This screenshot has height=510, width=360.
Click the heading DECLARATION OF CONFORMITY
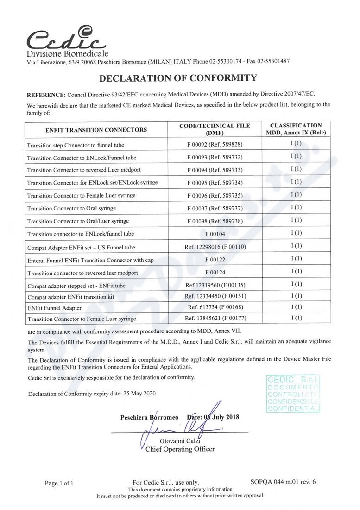(x=178, y=77)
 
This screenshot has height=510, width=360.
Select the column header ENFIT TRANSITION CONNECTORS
(x=96, y=130)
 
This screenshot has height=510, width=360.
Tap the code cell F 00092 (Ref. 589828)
(x=215, y=145)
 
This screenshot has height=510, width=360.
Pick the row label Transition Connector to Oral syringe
(x=71, y=208)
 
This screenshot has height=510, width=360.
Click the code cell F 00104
(x=215, y=234)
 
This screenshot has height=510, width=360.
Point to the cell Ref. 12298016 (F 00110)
(x=215, y=247)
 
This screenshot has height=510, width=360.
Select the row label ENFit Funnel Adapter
(x=54, y=307)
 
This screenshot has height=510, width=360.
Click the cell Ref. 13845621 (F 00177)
(x=215, y=319)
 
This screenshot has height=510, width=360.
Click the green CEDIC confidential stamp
(x=293, y=394)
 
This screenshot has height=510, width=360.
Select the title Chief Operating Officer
(x=180, y=449)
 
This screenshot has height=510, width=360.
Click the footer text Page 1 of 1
(x=59, y=483)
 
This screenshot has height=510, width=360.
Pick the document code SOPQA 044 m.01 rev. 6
(x=283, y=482)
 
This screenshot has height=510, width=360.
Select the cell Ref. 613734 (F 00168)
(x=215, y=307)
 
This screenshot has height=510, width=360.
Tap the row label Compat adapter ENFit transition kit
(x=70, y=296)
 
